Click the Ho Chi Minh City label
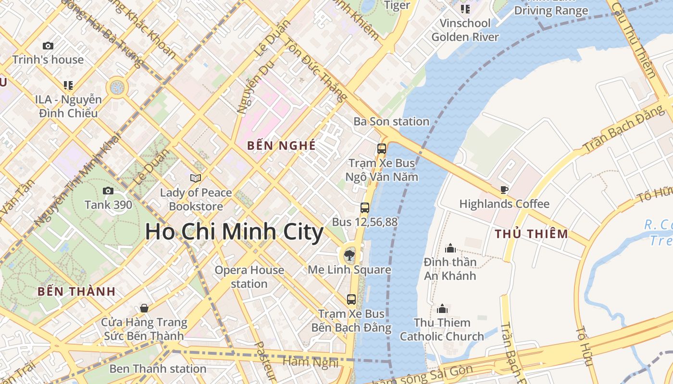[234, 232]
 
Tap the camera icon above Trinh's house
[48, 46]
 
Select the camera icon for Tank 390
[108, 191]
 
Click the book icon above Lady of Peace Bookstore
[195, 178]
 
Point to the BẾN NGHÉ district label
[281, 145]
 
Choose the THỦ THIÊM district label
[531, 234]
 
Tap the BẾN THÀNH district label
[76, 291]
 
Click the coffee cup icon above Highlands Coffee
[504, 190]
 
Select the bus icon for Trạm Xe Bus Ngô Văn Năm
[382, 149]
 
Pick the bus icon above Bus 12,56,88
[365, 208]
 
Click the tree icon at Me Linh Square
[349, 255]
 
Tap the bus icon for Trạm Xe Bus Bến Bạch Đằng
[351, 300]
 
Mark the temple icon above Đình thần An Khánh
[450, 248]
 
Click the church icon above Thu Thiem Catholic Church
[442, 308]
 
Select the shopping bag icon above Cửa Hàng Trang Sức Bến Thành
[144, 308]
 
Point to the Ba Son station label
[391, 121]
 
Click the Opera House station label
[249, 276]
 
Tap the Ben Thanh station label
[158, 369]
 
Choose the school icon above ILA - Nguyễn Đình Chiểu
[68, 85]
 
